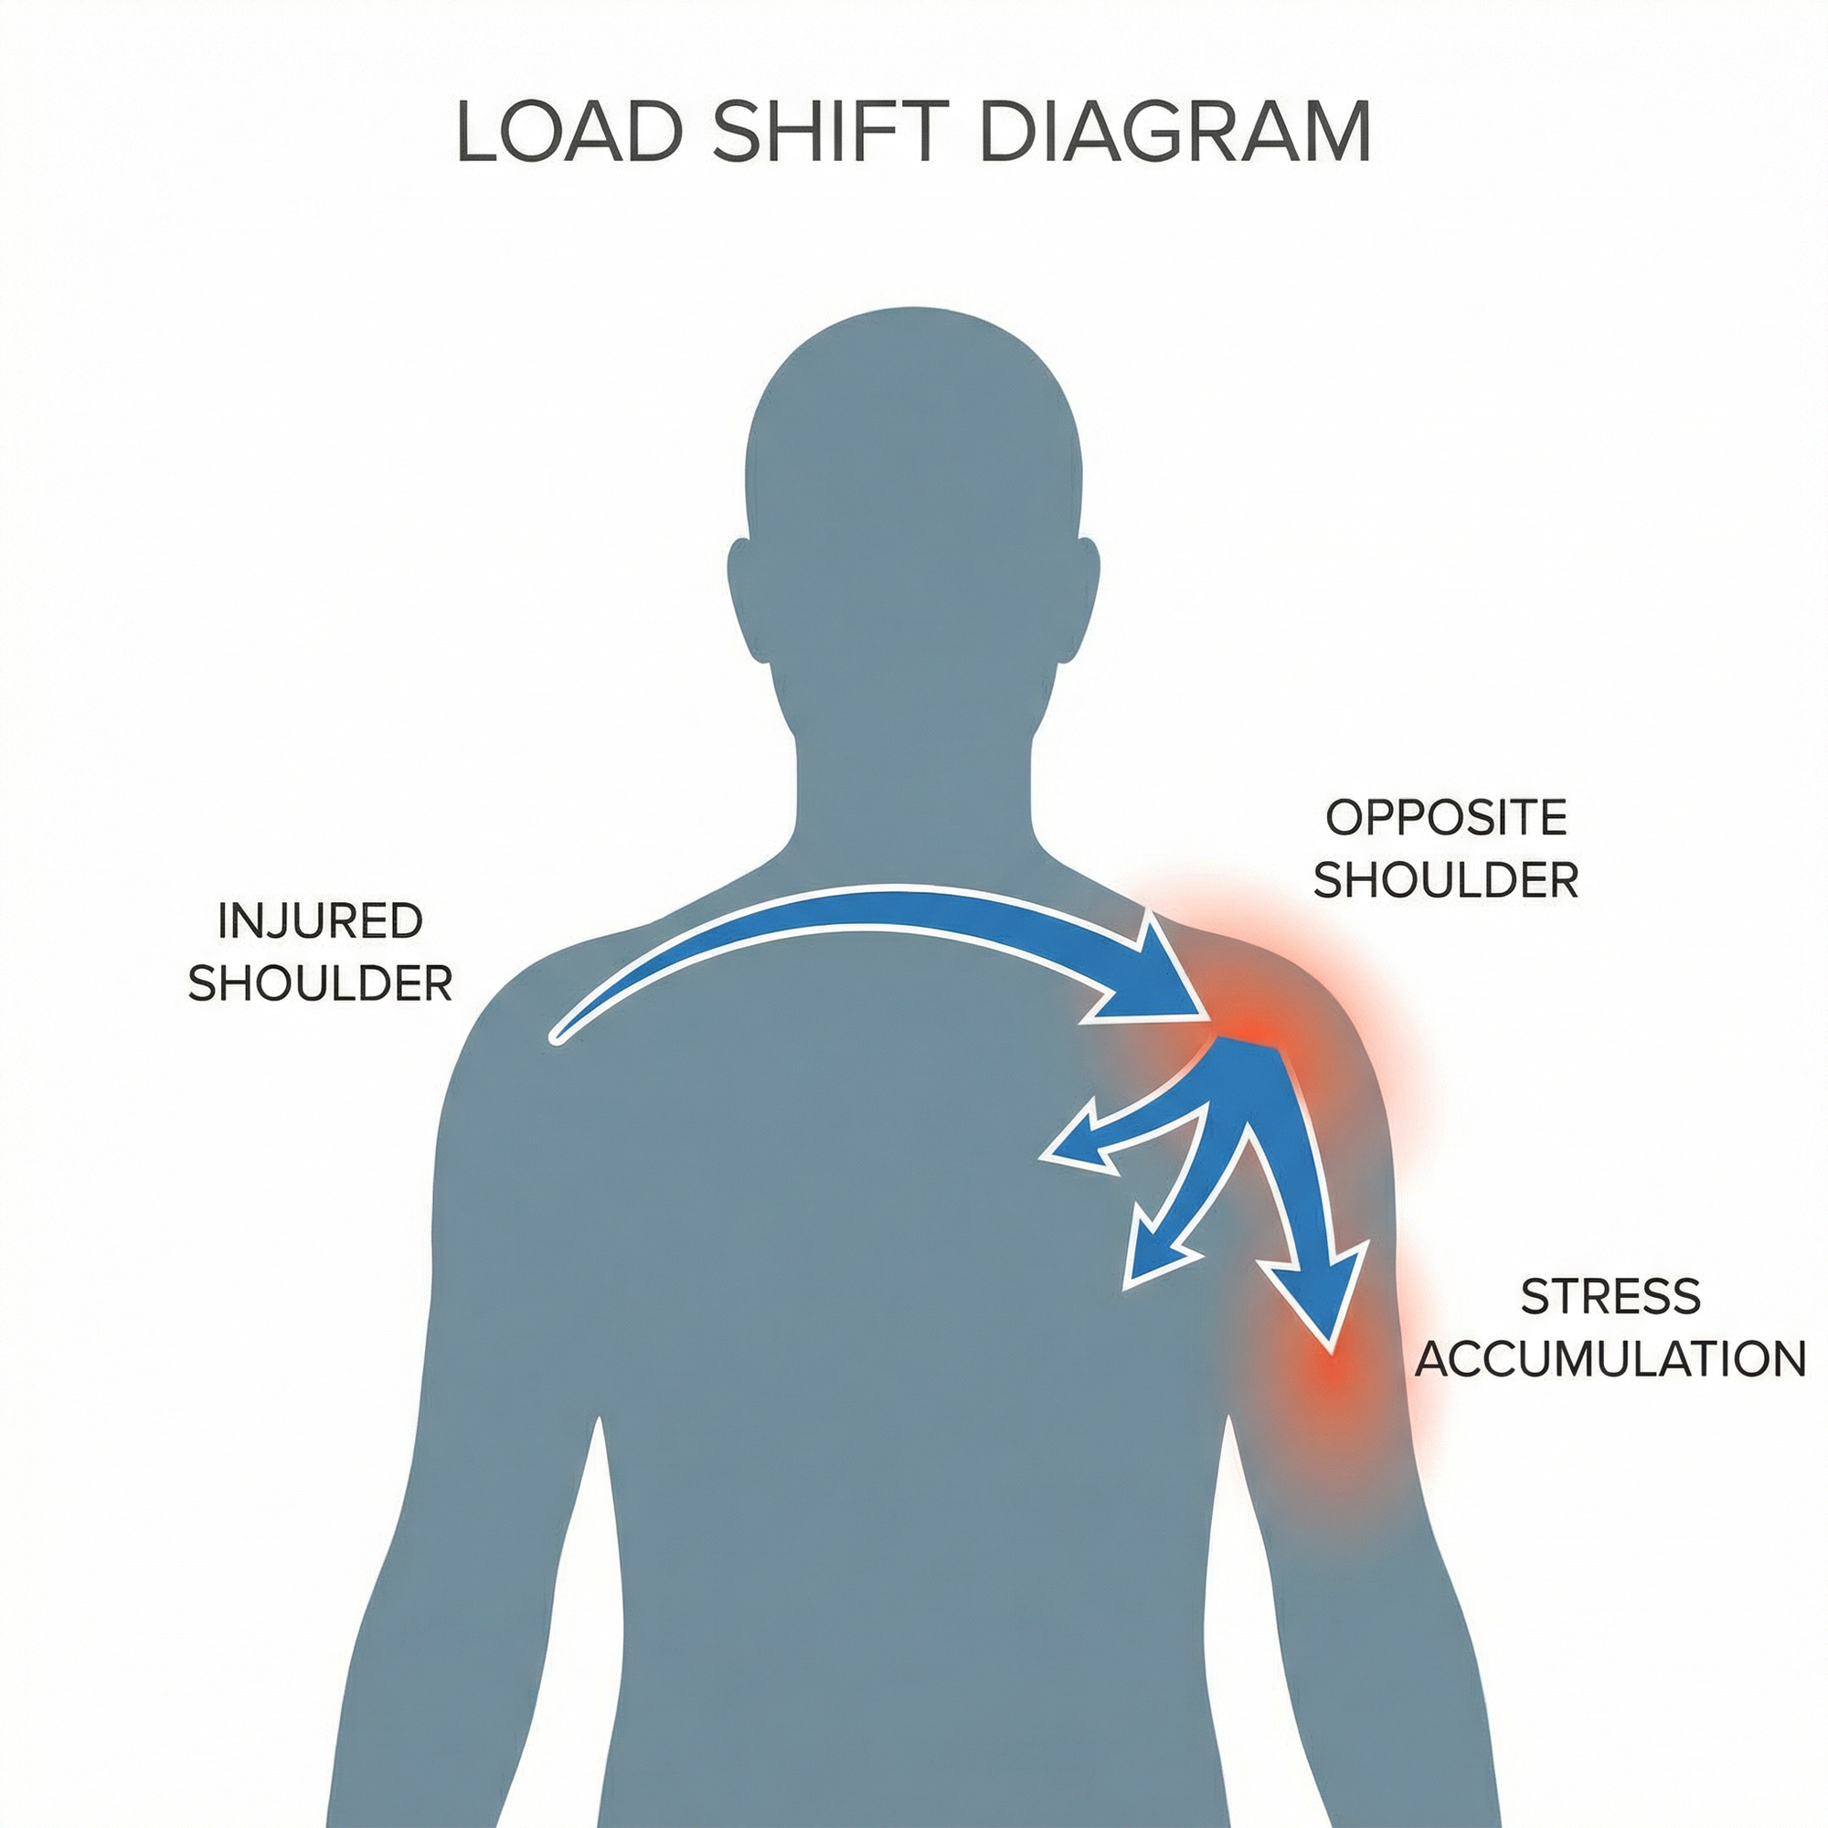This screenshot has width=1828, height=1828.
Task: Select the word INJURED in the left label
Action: click(x=320, y=920)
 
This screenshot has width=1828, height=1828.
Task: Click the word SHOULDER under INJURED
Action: click(x=320, y=984)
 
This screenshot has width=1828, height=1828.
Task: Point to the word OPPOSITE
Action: click(x=1446, y=817)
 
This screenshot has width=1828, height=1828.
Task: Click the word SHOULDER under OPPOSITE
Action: click(x=1446, y=881)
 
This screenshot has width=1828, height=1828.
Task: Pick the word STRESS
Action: click(x=1610, y=1295)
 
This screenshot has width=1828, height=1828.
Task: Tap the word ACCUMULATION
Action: click(x=1610, y=1359)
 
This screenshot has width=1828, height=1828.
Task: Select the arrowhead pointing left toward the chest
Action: click(x=1079, y=1144)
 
